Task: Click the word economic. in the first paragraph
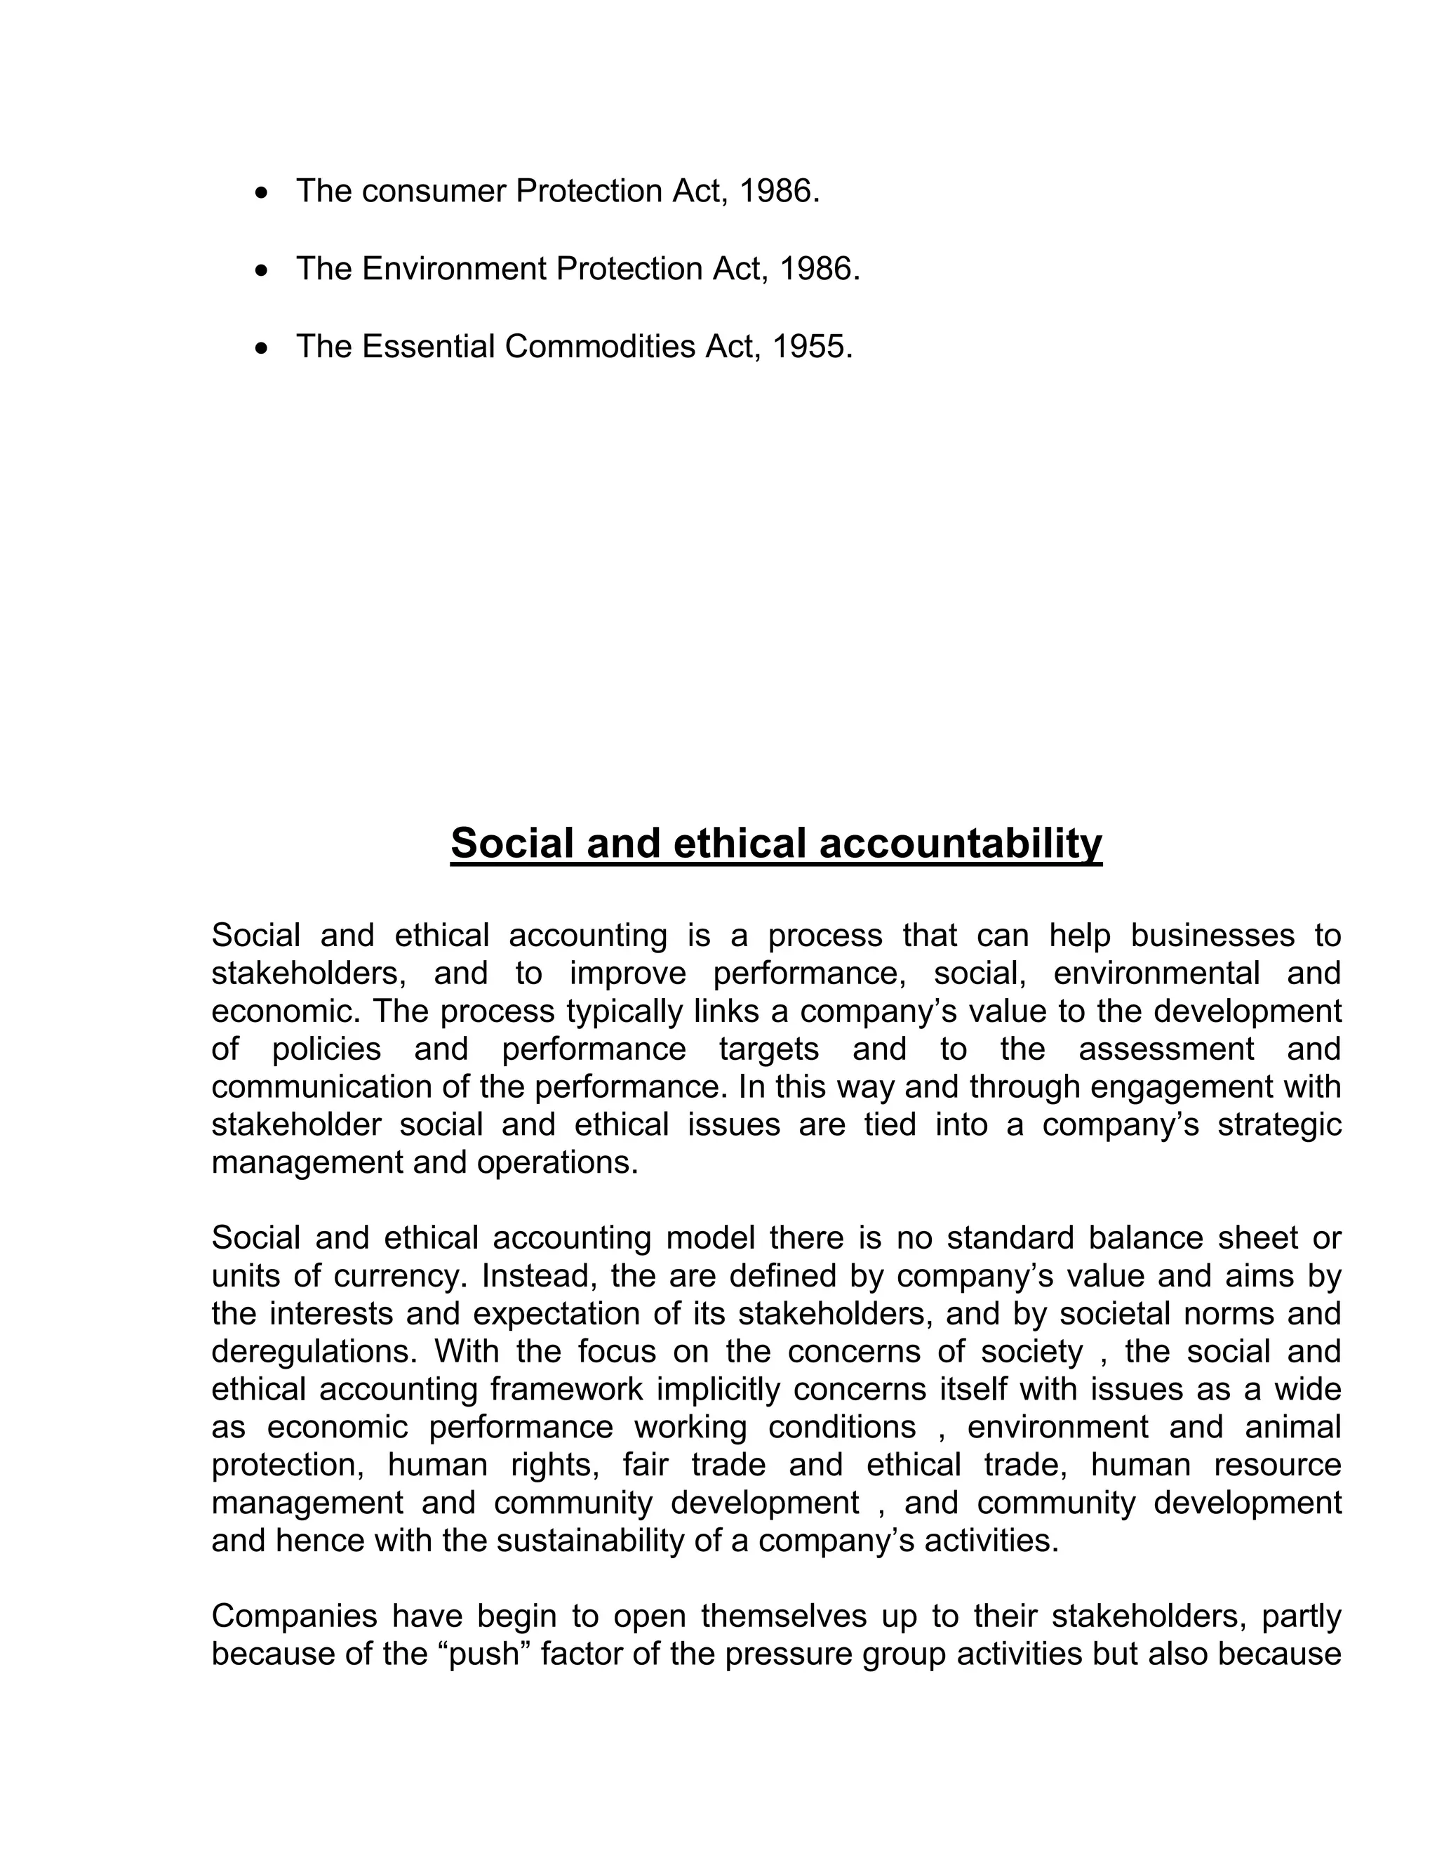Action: pos(287,1011)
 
